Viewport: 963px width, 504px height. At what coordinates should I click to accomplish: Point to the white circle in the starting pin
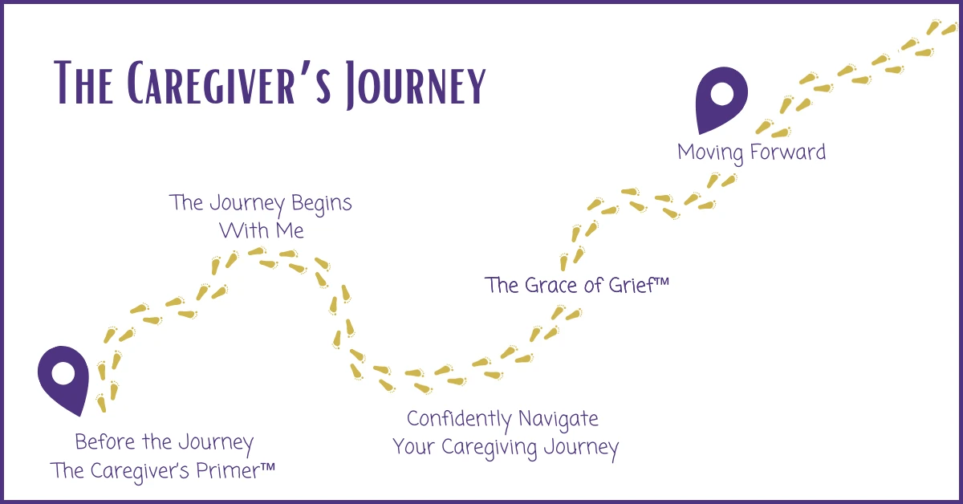(x=62, y=373)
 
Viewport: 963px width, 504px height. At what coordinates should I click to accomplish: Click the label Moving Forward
(x=751, y=152)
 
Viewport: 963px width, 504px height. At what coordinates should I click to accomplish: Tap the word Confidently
(x=458, y=419)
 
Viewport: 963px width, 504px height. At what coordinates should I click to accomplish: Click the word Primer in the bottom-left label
(x=222, y=470)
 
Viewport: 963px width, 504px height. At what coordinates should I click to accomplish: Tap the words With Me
(x=262, y=230)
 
